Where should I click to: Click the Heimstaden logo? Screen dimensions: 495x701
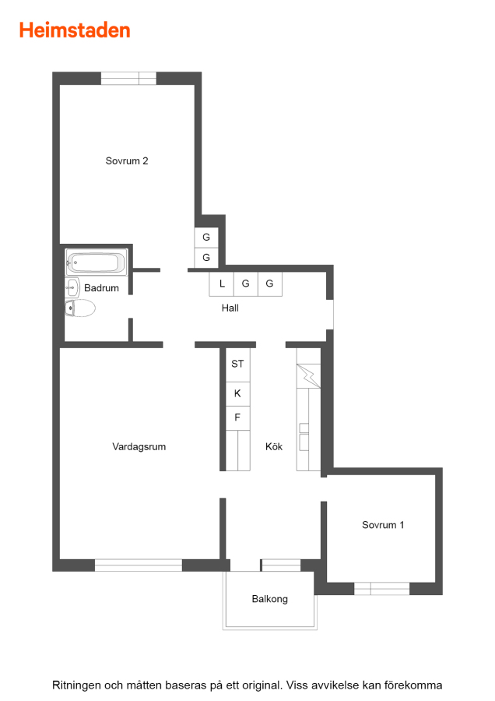tap(75, 30)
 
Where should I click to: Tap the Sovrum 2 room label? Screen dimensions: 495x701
tap(127, 161)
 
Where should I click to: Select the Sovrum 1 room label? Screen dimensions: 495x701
tap(383, 525)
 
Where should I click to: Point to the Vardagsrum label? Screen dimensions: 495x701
tap(139, 446)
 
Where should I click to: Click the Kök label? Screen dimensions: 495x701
tap(274, 446)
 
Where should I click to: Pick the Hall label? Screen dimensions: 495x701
tap(230, 308)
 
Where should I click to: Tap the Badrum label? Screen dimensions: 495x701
tap(101, 288)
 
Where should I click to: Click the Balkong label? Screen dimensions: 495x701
tap(270, 599)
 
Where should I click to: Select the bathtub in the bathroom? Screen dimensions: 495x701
tap(96, 262)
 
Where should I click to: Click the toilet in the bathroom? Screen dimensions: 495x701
tap(80, 308)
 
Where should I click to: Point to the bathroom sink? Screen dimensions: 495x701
tap(72, 287)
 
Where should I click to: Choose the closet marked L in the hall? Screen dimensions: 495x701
tap(222, 284)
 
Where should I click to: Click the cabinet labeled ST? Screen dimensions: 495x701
tap(237, 365)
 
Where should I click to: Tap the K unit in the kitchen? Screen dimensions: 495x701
tap(237, 394)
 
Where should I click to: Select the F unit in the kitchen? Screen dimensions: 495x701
tap(237, 418)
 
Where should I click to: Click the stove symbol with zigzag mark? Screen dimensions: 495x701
tap(309, 376)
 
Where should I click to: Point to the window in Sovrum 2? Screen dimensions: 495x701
tap(128, 78)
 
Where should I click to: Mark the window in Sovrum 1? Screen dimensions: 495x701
tap(382, 588)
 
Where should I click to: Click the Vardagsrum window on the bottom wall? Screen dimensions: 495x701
tap(139, 565)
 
